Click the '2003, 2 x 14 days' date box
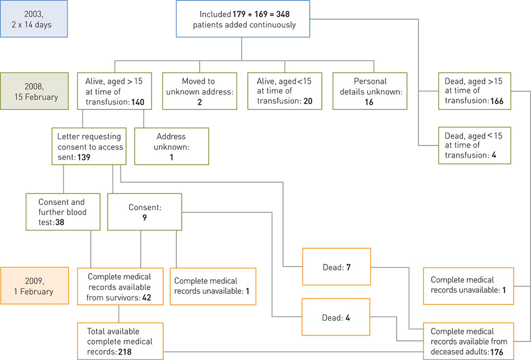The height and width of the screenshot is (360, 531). [34, 19]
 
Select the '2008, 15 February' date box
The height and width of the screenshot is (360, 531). [34, 91]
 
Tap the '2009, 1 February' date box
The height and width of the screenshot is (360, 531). [34, 285]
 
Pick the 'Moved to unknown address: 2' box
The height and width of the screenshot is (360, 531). [199, 91]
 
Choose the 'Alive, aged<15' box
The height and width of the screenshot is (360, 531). [285, 91]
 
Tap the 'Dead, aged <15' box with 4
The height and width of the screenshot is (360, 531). [475, 145]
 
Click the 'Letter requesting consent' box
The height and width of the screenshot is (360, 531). [90, 147]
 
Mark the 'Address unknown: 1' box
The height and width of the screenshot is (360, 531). [172, 147]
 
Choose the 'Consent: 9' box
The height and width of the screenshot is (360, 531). [144, 211]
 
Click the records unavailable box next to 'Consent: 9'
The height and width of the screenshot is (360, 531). [212, 286]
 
